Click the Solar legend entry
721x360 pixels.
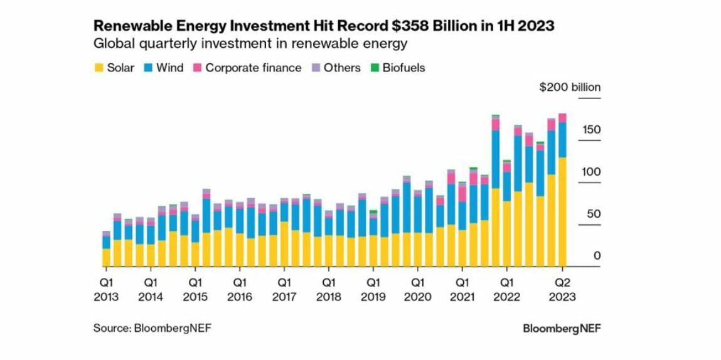coord(114,68)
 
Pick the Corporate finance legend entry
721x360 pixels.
coord(247,68)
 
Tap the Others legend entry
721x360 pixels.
coord(335,68)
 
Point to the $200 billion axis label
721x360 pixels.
coord(569,87)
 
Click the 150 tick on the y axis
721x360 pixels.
coord(590,130)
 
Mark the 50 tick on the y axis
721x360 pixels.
coord(593,214)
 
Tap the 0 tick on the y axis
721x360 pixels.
coord(597,256)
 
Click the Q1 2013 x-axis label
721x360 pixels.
coord(106,289)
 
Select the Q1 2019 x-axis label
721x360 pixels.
coord(373,289)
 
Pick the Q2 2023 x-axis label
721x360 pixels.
coord(562,289)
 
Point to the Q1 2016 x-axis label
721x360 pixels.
coord(240,289)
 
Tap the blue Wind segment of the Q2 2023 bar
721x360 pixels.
coord(562,140)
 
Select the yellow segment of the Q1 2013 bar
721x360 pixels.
coord(106,258)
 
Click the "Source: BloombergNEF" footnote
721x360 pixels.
coord(152,328)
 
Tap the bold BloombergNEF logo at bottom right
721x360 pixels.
coord(561,328)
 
